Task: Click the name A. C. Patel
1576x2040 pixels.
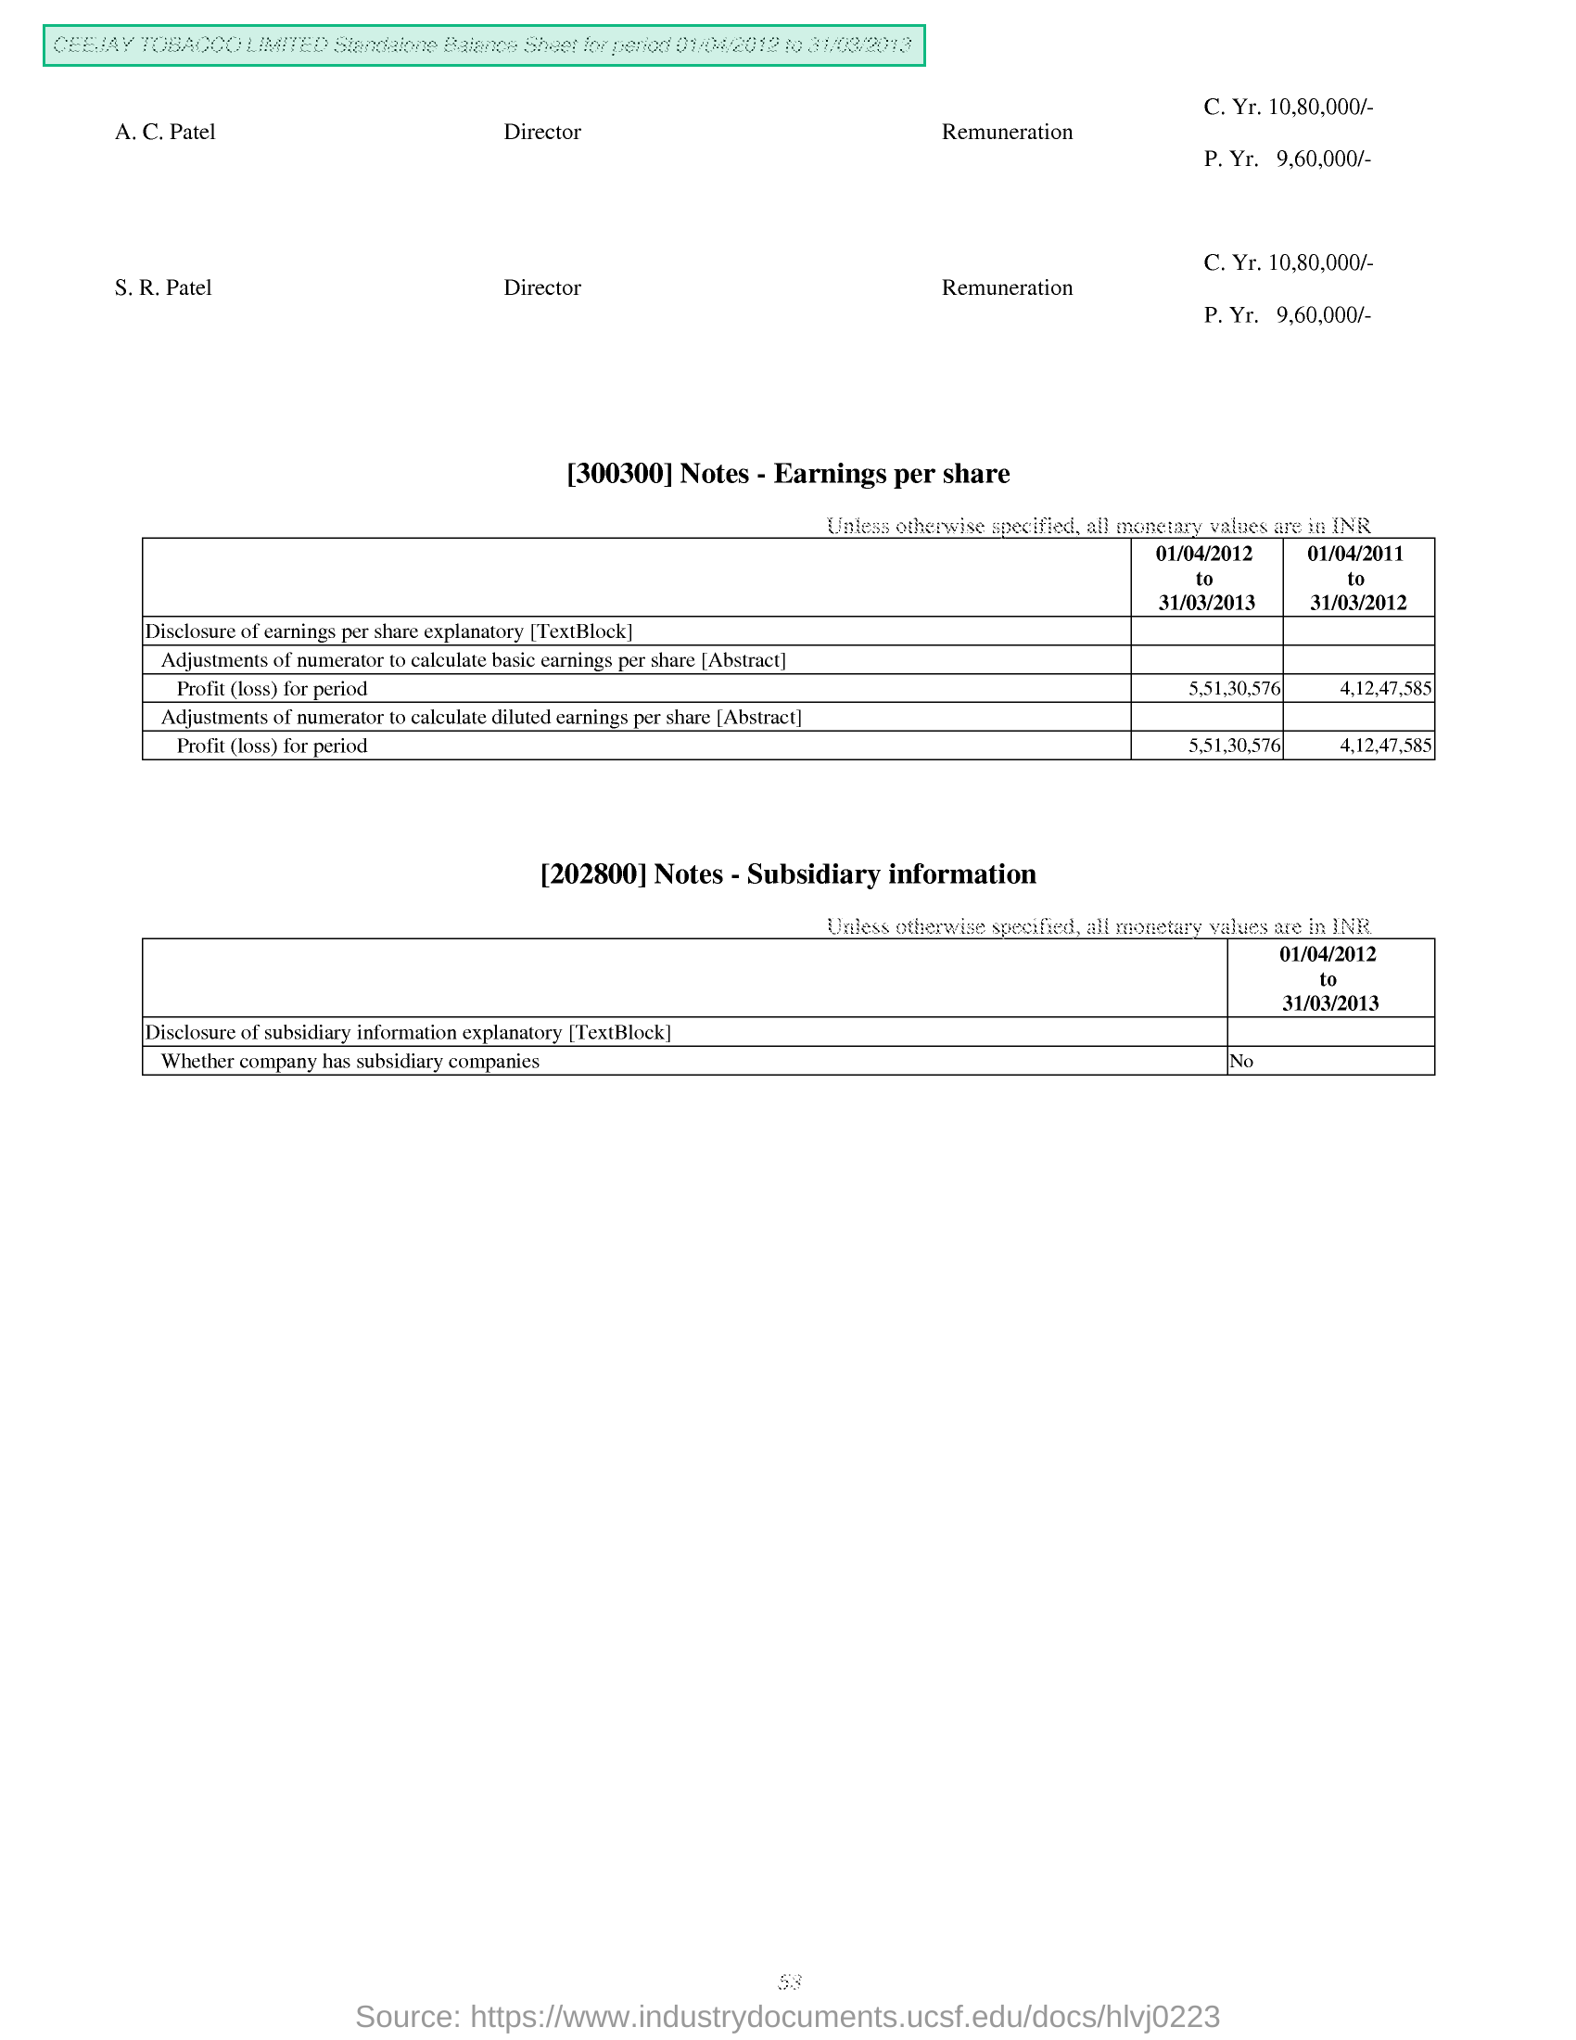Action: click(x=165, y=132)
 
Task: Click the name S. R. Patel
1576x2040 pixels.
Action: click(x=163, y=287)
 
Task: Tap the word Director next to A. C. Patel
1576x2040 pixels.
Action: click(x=541, y=132)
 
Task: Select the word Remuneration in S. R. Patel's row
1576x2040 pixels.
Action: click(x=1007, y=287)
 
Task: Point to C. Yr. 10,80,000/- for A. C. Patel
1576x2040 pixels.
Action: click(x=1288, y=107)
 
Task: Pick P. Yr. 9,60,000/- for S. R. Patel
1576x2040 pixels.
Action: click(x=1287, y=314)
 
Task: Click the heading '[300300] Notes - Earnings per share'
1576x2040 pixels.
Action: click(x=788, y=474)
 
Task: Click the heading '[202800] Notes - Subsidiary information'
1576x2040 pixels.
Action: click(x=788, y=874)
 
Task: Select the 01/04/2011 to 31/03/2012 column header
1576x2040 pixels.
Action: click(x=1356, y=578)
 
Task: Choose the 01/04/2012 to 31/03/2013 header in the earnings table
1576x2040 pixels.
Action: click(x=1204, y=578)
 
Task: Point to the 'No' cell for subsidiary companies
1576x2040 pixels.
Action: click(x=1240, y=1062)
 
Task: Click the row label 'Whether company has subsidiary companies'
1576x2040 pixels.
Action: click(x=350, y=1061)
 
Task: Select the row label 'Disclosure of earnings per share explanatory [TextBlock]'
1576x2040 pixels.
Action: click(x=388, y=631)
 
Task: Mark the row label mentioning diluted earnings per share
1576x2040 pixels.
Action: click(x=481, y=718)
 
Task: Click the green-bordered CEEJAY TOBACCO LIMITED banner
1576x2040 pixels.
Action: click(x=484, y=45)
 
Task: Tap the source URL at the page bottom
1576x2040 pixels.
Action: click(x=788, y=2017)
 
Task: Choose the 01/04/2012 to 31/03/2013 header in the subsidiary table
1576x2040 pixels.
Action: click(x=1328, y=978)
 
